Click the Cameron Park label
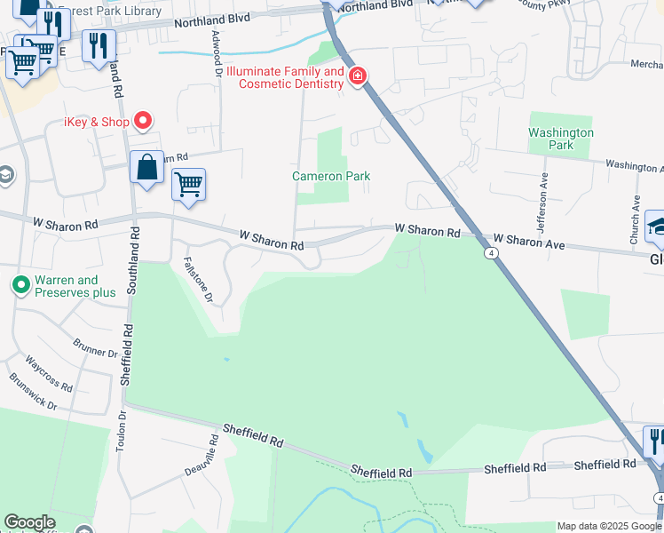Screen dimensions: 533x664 [331, 177]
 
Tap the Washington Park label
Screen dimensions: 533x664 [561, 139]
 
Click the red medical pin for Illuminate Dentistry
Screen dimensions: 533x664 [358, 77]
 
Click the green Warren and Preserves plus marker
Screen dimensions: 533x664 [20, 286]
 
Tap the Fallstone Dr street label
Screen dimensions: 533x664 [198, 280]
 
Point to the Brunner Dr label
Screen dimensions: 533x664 [96, 347]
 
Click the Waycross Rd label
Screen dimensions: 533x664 [49, 373]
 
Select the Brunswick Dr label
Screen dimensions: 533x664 [34, 391]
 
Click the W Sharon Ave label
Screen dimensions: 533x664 [529, 240]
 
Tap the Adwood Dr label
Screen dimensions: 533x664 [217, 52]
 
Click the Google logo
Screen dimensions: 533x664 [29, 522]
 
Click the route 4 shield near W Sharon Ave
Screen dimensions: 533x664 [491, 253]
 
